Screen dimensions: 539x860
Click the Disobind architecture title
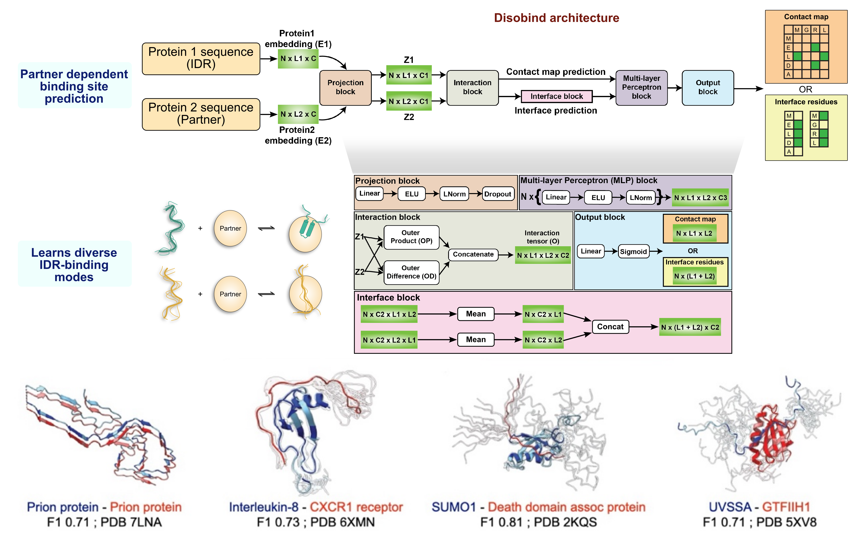pos(556,18)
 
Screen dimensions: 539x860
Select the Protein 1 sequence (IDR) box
pos(201,58)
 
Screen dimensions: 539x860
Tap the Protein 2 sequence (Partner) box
pos(201,114)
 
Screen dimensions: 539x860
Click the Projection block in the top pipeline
pos(345,87)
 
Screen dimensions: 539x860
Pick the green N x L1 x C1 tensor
pos(409,75)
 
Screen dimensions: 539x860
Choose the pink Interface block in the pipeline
pos(556,96)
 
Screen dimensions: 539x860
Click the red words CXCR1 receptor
pos(356,507)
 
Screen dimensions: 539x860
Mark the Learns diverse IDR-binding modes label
pos(74,264)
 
